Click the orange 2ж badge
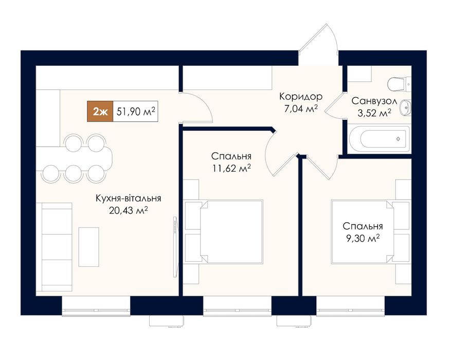(100, 111)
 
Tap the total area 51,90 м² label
(136, 111)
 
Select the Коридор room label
(301, 97)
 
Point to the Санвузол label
(374, 101)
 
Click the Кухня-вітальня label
(128, 199)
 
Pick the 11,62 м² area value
(231, 168)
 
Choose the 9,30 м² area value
(363, 238)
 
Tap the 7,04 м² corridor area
(301, 109)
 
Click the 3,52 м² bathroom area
(374, 113)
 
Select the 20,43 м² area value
(128, 210)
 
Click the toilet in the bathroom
(400, 84)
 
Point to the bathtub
(380, 139)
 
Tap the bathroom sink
(406, 108)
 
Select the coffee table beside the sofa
(89, 247)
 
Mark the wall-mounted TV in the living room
(175, 247)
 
